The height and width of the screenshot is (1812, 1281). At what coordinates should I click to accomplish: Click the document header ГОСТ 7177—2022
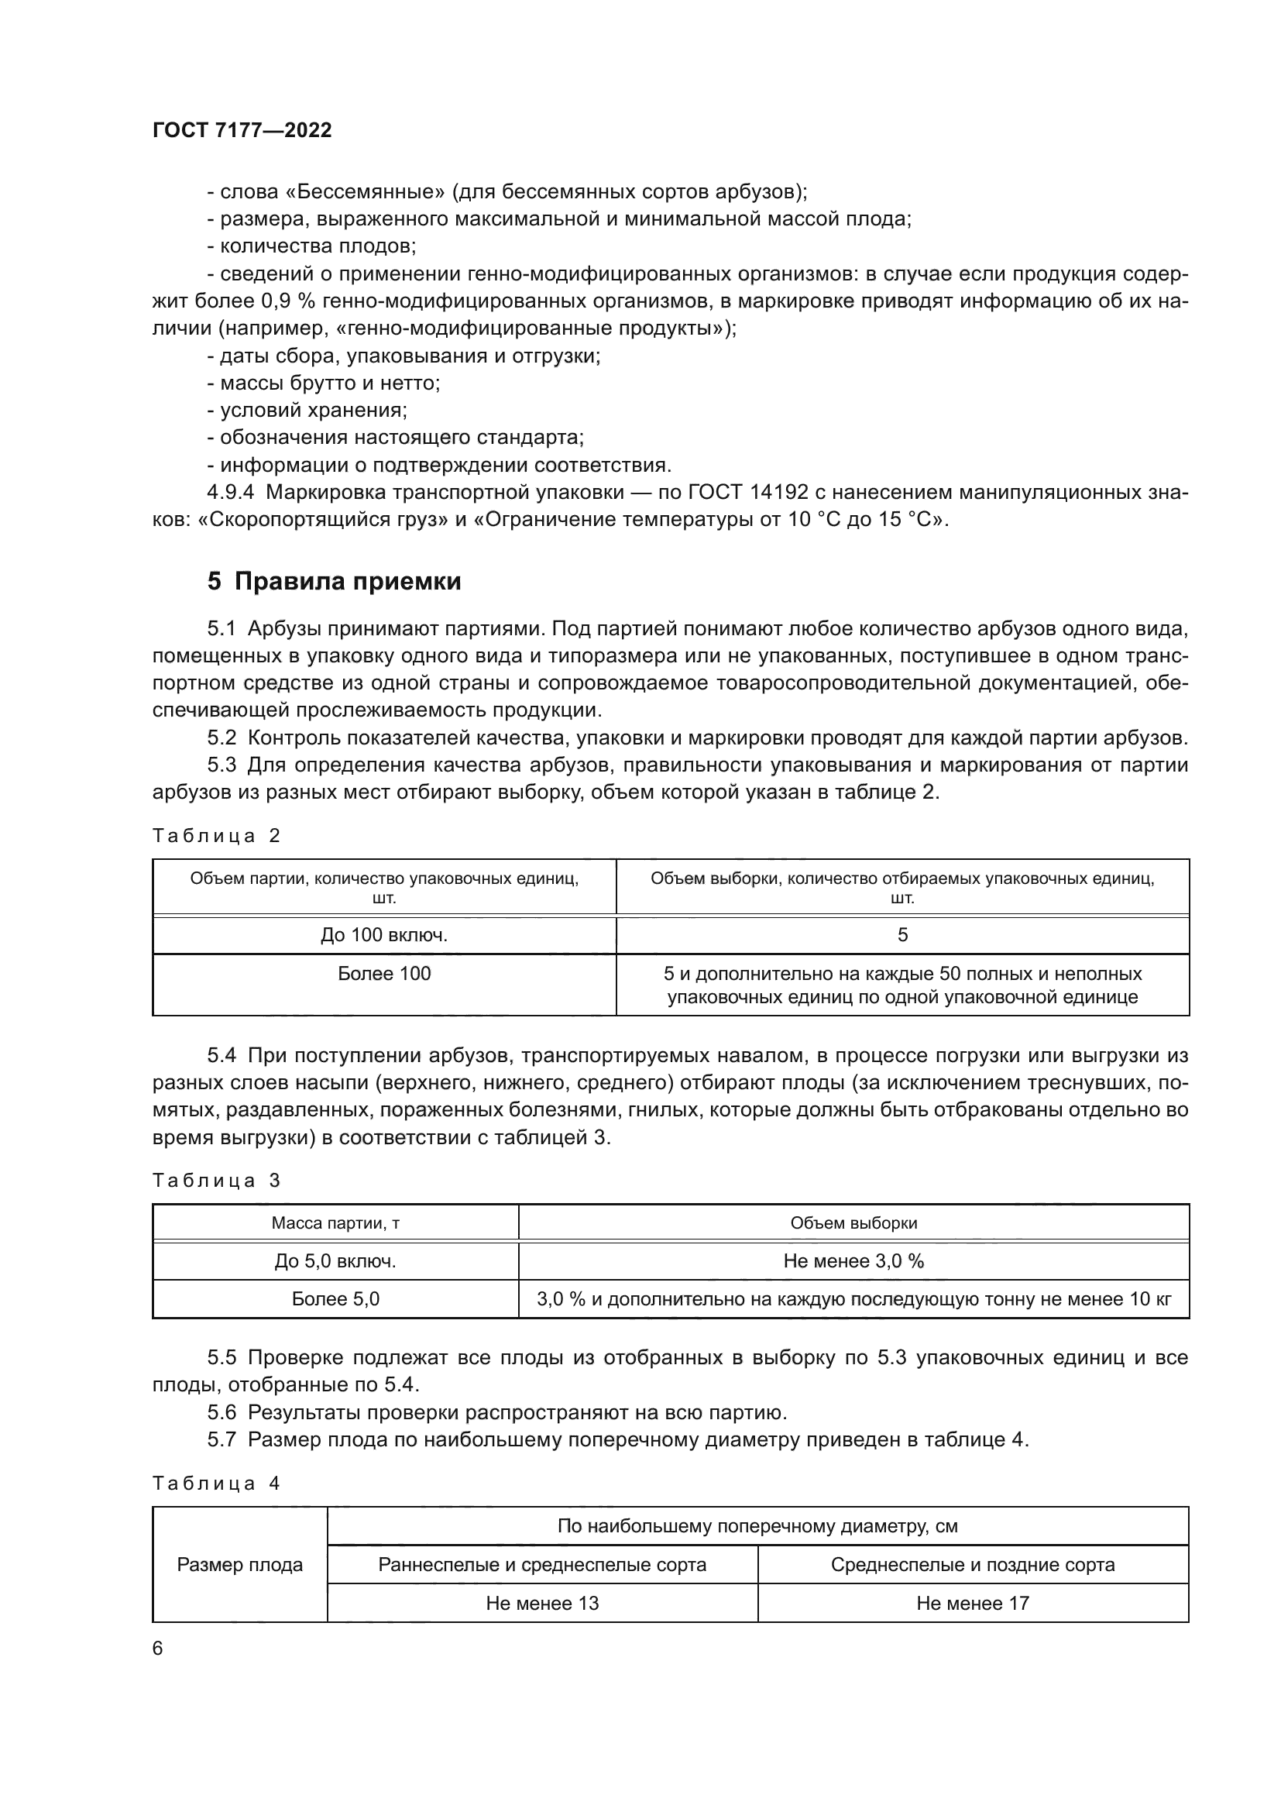(x=242, y=130)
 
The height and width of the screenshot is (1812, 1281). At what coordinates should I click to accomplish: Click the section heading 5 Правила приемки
(x=334, y=582)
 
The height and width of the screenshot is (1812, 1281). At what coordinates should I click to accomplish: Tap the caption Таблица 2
(x=216, y=836)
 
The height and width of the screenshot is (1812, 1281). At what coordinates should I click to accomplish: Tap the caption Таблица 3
(x=216, y=1181)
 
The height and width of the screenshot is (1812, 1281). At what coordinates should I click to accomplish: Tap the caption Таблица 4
(x=216, y=1483)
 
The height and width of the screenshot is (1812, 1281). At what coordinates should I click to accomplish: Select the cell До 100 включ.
(x=384, y=935)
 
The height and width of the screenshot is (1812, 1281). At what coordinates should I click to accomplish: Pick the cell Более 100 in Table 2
(x=384, y=974)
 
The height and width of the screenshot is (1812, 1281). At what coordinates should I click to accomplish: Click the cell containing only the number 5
(x=902, y=935)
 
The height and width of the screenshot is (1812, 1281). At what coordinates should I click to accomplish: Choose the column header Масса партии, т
(x=335, y=1223)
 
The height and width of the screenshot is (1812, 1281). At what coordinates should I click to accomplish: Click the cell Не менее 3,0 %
(x=853, y=1261)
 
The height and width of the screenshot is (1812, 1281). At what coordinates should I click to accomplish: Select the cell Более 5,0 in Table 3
(x=335, y=1299)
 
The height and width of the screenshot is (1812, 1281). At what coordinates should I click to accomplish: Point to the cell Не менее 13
(x=542, y=1603)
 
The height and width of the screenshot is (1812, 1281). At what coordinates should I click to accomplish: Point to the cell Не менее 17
(x=973, y=1603)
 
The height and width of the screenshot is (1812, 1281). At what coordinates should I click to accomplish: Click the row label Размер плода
(x=240, y=1565)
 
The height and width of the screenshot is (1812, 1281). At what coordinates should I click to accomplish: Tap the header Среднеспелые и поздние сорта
(x=973, y=1564)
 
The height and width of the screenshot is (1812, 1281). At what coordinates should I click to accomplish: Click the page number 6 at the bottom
(x=158, y=1648)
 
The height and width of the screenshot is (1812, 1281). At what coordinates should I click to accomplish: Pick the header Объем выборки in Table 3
(x=853, y=1223)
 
